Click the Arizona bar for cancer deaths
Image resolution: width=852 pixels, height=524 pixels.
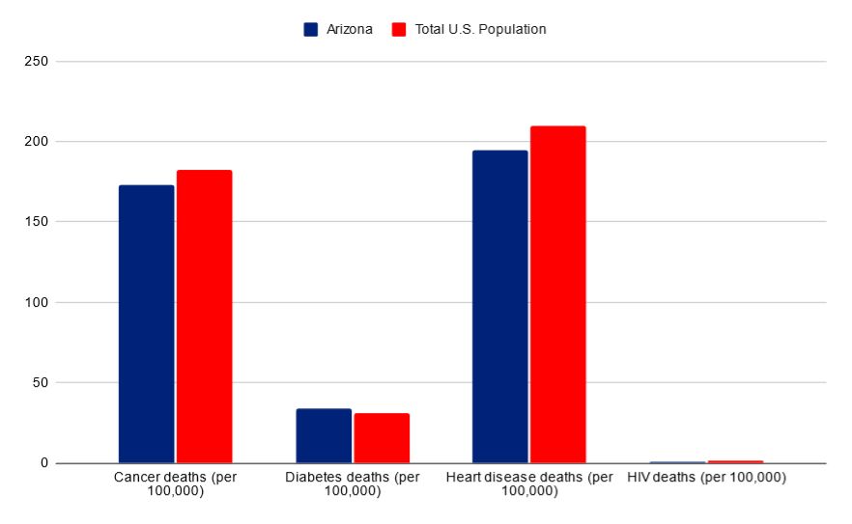(x=146, y=323)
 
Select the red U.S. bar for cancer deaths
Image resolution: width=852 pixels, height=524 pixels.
(x=204, y=316)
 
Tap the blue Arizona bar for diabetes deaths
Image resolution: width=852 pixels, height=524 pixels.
(x=324, y=435)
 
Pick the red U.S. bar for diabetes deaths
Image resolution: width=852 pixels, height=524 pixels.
(x=382, y=437)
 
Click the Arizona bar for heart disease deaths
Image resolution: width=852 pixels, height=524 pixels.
(x=500, y=306)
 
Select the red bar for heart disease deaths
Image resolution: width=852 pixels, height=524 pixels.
(x=557, y=293)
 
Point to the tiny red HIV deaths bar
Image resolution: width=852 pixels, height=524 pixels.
(x=735, y=461)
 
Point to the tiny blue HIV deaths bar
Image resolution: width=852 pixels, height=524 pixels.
(x=677, y=462)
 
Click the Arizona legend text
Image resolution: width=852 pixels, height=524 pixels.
(x=349, y=29)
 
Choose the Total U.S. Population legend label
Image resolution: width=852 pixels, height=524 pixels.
(x=480, y=29)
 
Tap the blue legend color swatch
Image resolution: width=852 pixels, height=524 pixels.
(x=311, y=29)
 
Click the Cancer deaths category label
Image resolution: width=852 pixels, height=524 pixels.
(x=175, y=483)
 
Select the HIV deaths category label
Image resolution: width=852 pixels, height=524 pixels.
(x=706, y=477)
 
